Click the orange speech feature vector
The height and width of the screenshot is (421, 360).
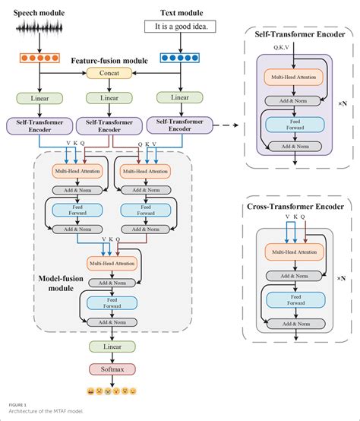point(36,57)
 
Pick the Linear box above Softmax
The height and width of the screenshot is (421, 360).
point(106,347)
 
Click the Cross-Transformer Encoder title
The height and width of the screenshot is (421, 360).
point(295,205)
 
